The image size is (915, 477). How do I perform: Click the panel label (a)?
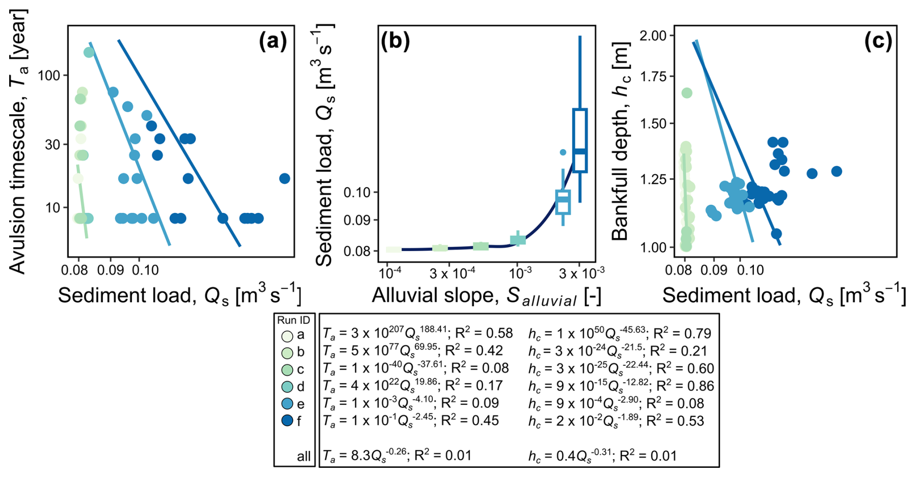273,42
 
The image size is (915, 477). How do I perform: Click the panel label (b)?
395,42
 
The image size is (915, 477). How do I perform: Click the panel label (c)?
878,42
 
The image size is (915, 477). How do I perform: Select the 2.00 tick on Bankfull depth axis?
652,35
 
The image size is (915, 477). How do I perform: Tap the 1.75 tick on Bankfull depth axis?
652,76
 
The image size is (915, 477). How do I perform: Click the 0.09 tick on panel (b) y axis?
357,220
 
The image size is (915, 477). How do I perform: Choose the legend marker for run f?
287,421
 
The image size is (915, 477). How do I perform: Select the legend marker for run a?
287,335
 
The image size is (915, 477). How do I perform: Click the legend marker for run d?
287,387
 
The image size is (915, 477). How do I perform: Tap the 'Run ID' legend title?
294,320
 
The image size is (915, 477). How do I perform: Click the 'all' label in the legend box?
304,456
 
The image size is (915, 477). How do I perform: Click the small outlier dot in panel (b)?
563,152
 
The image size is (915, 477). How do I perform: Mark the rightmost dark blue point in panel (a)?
285,179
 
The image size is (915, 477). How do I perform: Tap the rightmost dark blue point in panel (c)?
837,171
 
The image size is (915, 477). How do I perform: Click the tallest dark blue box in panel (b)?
580,140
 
